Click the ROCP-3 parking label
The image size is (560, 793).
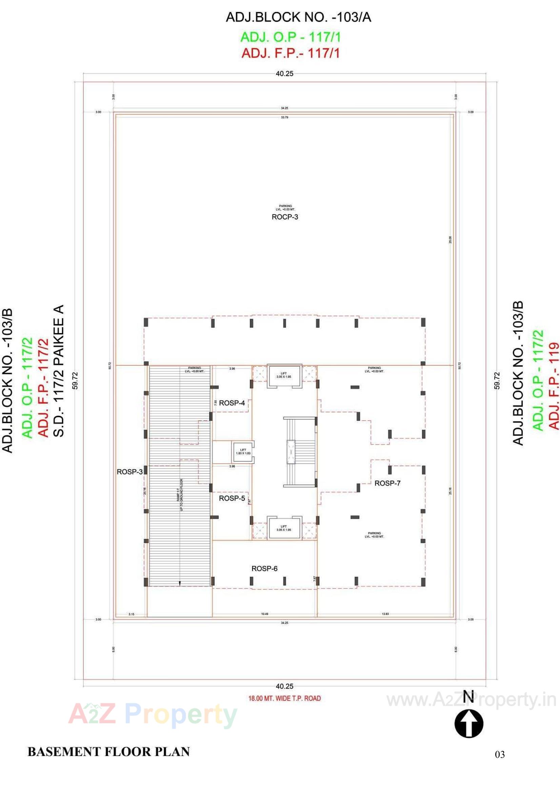[x=285, y=217]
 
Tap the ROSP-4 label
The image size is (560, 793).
[x=232, y=403]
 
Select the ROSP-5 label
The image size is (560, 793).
[x=232, y=498]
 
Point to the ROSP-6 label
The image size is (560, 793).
[x=264, y=568]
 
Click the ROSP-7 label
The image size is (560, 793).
[x=387, y=483]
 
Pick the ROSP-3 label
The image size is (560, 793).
[x=129, y=472]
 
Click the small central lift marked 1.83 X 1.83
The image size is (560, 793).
[x=243, y=451]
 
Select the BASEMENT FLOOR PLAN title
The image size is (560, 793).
[x=108, y=752]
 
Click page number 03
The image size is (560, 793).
[x=500, y=755]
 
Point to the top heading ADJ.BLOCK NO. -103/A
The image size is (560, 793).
[x=298, y=17]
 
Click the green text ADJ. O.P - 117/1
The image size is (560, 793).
[x=291, y=37]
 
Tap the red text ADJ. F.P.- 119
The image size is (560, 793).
[x=554, y=385]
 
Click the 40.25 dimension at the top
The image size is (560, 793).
[x=284, y=74]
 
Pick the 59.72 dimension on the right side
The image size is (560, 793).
[x=497, y=380]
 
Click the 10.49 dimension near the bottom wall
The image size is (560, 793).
[x=264, y=614]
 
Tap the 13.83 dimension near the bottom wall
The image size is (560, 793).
[x=385, y=614]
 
